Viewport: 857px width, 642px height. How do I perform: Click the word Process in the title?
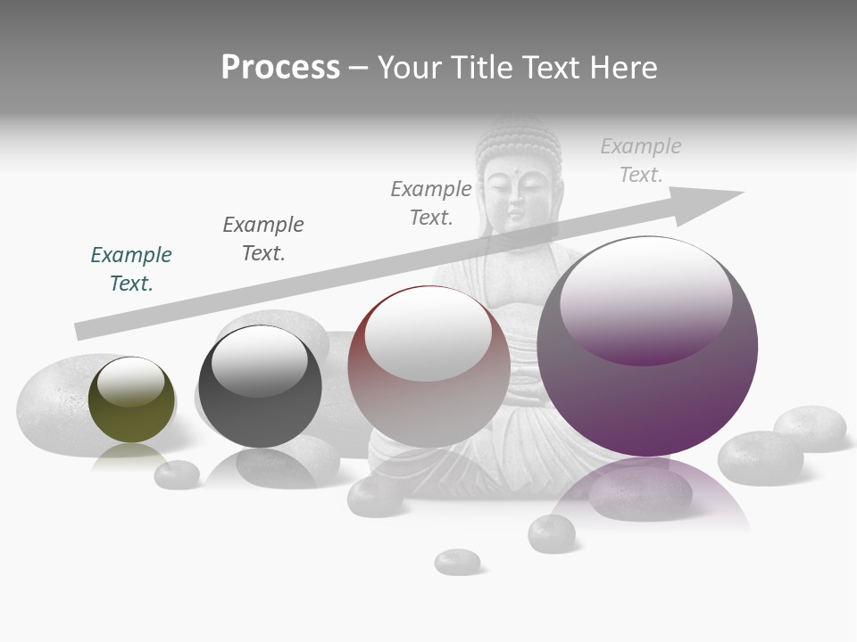280,68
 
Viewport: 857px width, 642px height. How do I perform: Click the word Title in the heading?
479,68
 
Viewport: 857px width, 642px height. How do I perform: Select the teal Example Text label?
131,268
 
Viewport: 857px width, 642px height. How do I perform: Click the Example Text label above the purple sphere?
641,160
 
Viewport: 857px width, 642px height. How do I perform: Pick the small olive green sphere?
131,399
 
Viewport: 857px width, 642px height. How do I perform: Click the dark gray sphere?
260,387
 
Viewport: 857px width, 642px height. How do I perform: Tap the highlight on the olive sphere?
131,381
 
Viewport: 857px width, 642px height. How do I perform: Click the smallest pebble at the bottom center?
457,562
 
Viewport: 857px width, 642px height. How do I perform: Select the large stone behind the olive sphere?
54,401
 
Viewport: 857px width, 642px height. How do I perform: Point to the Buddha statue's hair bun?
517,134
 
